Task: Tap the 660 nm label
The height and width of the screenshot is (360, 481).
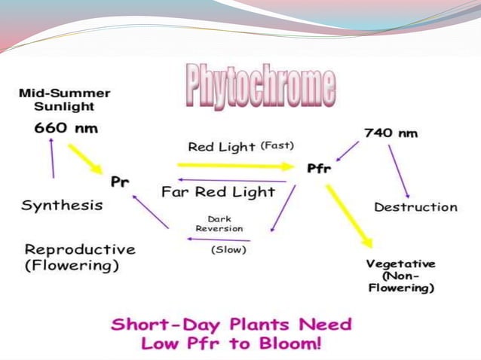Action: [66, 127]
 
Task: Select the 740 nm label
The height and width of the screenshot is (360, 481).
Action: [391, 133]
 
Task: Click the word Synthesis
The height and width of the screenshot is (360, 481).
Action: [62, 205]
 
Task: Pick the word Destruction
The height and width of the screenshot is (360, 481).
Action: [415, 206]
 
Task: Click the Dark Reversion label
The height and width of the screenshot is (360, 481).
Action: [219, 224]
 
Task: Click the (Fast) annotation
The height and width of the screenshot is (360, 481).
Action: [277, 145]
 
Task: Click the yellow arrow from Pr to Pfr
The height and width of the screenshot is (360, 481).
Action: [239, 164]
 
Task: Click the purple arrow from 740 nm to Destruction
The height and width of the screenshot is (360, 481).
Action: [399, 172]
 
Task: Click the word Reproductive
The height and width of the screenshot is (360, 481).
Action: [80, 249]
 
